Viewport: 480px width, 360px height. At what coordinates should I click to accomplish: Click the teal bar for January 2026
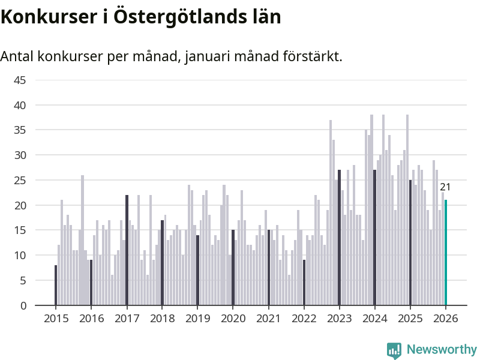point(446,253)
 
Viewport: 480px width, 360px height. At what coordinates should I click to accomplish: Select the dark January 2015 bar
point(56,285)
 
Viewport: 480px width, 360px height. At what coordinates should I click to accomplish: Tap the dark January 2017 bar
point(127,250)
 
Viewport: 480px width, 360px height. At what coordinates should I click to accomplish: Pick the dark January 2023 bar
point(339,238)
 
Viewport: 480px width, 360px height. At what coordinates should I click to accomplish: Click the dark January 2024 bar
point(374,238)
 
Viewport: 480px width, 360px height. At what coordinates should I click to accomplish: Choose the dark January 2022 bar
point(304,283)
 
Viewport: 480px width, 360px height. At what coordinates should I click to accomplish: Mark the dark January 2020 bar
point(233,268)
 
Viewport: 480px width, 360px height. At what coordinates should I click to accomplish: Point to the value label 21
point(445,187)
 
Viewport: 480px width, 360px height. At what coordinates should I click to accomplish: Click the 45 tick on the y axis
point(20,80)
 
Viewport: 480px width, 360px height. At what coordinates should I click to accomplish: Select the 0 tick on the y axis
point(23,305)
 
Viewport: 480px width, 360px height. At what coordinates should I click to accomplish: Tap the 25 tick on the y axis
point(20,180)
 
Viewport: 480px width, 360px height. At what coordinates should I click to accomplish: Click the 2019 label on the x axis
point(197,319)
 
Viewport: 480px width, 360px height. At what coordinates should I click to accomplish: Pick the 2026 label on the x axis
point(446,319)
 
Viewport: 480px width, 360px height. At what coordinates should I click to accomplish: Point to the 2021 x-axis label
point(268,319)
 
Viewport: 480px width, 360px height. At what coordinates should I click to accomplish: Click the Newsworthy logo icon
point(394,350)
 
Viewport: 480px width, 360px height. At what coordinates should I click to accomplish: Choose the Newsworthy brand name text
point(442,350)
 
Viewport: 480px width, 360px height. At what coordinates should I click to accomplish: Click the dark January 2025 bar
point(410,242)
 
